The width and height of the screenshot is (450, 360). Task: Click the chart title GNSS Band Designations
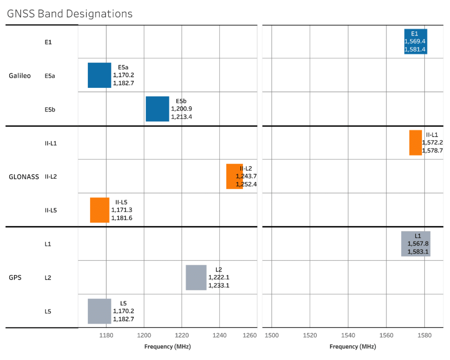[69, 14]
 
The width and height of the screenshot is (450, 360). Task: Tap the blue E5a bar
[99, 75]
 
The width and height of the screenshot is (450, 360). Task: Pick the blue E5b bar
[157, 109]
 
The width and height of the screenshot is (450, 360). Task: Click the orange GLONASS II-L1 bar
[415, 142]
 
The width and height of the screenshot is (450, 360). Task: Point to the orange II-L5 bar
[100, 210]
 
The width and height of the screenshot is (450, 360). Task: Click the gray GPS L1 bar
[415, 244]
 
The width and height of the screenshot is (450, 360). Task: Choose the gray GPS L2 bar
[196, 277]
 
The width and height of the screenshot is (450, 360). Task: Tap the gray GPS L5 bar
[99, 311]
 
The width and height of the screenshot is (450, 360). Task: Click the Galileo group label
[20, 76]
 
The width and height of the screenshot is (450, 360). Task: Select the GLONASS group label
[24, 177]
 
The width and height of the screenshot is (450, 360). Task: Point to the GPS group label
[15, 278]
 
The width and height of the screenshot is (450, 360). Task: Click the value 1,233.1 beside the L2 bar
[219, 285]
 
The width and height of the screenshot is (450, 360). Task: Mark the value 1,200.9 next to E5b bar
[181, 109]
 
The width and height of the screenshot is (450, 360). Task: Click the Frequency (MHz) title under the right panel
[352, 346]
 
